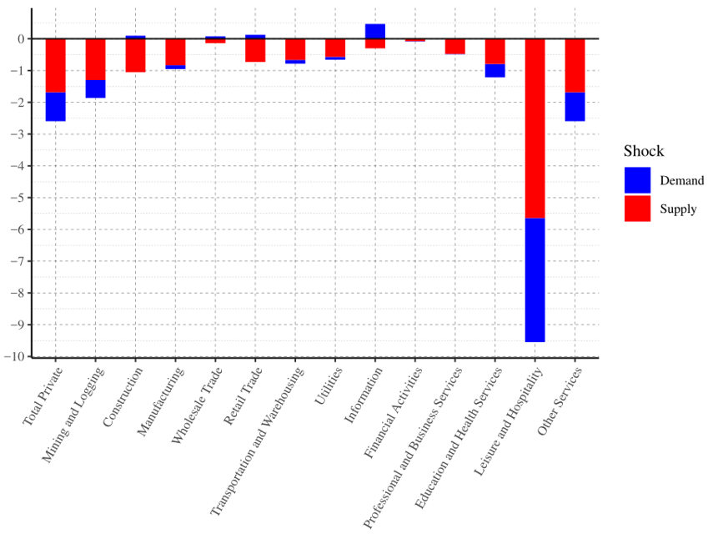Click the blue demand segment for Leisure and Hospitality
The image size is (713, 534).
point(535,280)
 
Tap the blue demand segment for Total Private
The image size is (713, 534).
point(55,107)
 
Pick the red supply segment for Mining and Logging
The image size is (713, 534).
point(95,59)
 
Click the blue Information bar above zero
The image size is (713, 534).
point(375,31)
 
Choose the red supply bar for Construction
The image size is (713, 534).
point(135,55)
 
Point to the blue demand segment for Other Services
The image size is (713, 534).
point(575,107)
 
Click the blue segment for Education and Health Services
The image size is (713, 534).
point(495,71)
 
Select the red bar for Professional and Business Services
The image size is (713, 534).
point(454,47)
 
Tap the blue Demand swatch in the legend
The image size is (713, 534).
point(637,180)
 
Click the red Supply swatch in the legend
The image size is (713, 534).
point(637,209)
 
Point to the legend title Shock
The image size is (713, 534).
point(644,151)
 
